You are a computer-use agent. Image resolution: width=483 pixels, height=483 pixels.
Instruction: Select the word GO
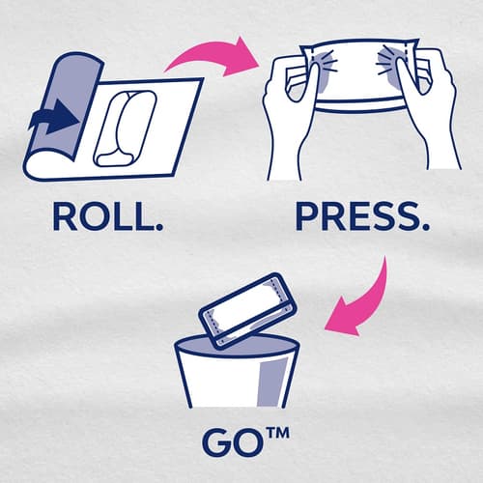(231, 443)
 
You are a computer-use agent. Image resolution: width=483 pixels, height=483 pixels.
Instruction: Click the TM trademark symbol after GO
(277, 433)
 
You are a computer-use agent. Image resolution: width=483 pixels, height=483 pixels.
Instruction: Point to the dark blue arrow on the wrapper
(55, 117)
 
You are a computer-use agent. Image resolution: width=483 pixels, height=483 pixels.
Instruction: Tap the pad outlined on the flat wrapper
(127, 128)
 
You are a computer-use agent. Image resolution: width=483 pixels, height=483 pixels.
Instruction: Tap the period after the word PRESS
(425, 226)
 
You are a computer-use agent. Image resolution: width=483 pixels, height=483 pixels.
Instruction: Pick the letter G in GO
(215, 443)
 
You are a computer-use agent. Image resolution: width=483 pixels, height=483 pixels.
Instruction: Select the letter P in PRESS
(306, 216)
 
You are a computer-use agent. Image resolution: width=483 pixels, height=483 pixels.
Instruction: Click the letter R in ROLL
(64, 216)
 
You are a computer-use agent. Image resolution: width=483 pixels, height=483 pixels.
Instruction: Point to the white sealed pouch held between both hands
(357, 75)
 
